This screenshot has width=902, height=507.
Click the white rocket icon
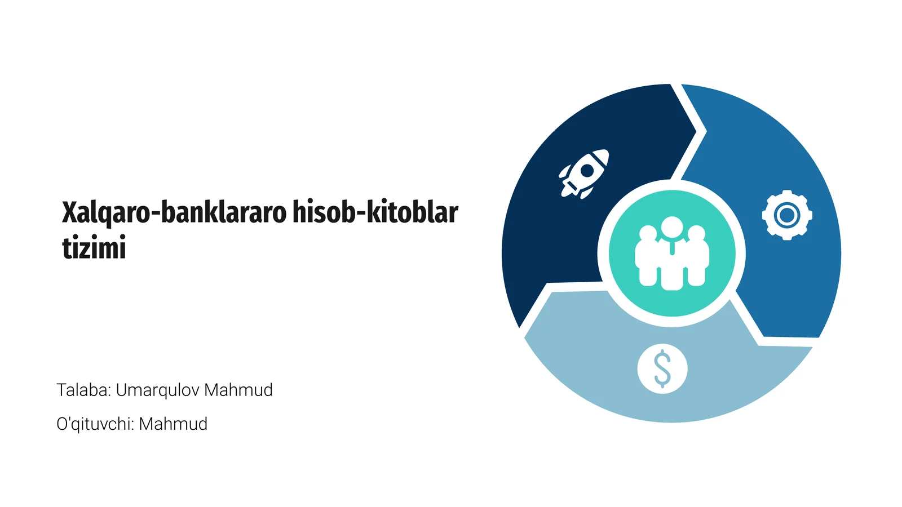pos(584,173)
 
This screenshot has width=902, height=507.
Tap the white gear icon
pos(786,215)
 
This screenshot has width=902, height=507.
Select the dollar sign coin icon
pos(662,368)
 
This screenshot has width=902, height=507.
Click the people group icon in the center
pos(671,253)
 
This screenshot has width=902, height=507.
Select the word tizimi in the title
pos(94,248)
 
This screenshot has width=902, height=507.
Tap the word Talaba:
pos(83,390)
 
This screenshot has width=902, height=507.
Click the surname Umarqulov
pos(157,390)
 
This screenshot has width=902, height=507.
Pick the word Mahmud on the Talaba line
pos(238,390)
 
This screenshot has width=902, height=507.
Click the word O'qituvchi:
pos(95,424)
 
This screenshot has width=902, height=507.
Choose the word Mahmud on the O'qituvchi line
pos(173,424)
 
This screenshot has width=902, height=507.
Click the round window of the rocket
pos(587,170)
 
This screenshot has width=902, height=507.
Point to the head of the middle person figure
pos(672,227)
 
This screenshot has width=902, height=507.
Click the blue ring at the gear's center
pos(786,215)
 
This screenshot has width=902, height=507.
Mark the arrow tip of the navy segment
pos(697,131)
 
